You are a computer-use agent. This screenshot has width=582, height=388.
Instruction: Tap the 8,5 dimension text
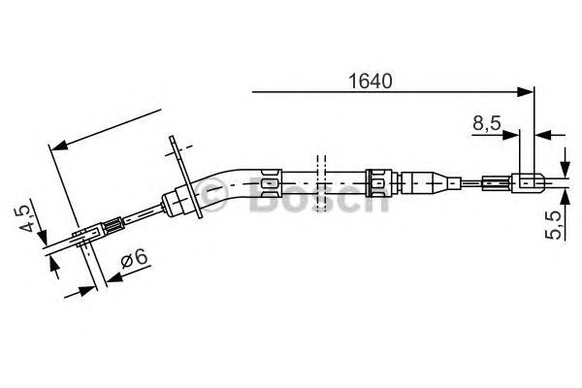pos(487,124)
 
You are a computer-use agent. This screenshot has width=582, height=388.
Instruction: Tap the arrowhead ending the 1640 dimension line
pos(528,93)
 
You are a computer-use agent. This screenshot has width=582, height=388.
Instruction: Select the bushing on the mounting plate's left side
pos(178,201)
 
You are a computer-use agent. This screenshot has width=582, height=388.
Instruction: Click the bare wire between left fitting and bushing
pos(141,215)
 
